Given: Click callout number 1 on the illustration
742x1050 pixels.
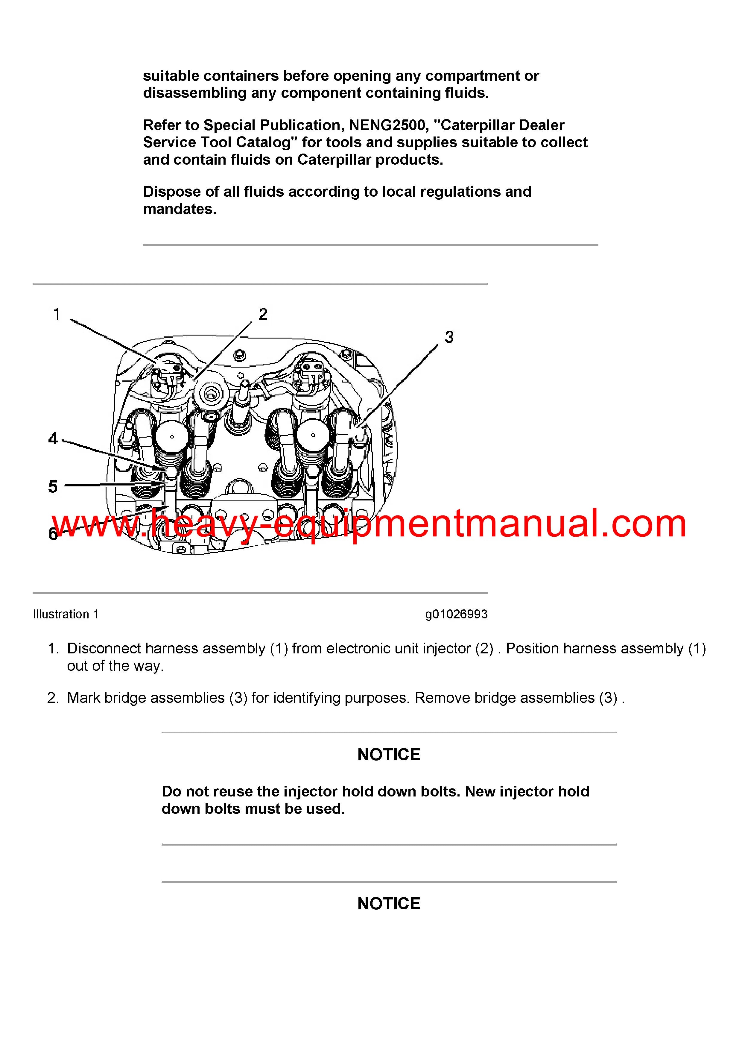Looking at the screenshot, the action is coord(56,314).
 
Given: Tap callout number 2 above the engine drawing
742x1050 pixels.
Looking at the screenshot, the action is coord(263,314).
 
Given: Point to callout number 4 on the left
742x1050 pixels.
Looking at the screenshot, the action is coord(53,438).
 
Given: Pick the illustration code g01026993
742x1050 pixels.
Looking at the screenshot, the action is coord(456,614).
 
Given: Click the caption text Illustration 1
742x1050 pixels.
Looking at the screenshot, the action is coord(66,614).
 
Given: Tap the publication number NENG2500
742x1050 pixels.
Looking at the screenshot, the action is coord(387,125).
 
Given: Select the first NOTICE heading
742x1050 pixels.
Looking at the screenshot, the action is coord(389,755).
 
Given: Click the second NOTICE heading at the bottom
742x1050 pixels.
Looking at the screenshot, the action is coord(389,904).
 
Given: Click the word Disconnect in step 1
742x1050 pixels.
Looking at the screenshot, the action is coord(104,649).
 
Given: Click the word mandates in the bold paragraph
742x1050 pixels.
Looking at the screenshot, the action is coord(180,209).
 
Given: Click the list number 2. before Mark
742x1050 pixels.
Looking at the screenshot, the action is coord(53,698).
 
